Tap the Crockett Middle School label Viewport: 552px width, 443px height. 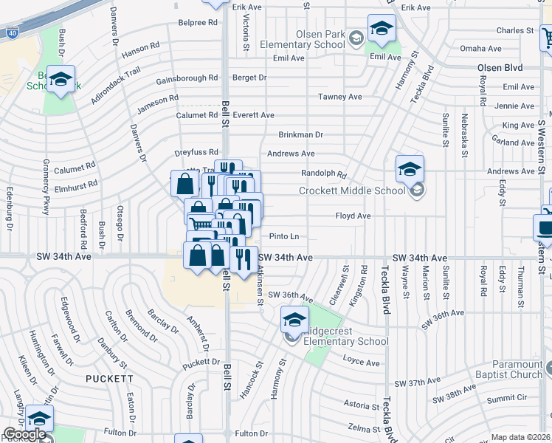click(352, 190)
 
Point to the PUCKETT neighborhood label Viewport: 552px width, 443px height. click(109, 379)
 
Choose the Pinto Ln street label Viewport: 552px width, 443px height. click(284, 236)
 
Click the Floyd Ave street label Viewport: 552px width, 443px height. click(353, 216)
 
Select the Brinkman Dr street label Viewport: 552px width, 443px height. click(300, 135)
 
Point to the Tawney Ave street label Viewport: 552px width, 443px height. click(339, 97)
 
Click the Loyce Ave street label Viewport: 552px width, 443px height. click(361, 363)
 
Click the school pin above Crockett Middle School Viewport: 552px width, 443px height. click(409, 169)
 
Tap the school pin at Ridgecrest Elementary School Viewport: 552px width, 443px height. click(294, 320)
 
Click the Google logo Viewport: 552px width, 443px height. click(24, 435)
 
